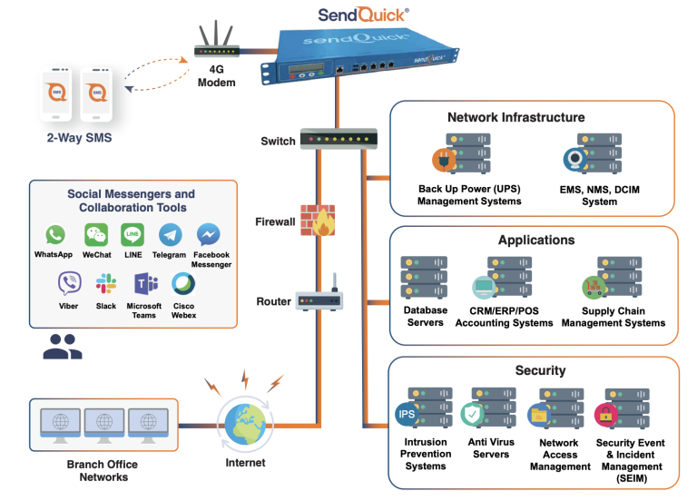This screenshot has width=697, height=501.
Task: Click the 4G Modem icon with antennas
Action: [216, 50]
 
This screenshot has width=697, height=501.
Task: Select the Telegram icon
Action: [170, 235]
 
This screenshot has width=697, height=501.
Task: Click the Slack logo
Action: [106, 283]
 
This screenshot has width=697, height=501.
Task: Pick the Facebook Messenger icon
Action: [211, 235]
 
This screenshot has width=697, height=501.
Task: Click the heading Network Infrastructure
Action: [515, 117]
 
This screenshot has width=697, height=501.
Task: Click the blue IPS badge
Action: [407, 415]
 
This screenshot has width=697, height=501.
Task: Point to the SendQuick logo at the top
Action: [363, 15]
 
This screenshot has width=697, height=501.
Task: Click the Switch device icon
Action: [338, 141]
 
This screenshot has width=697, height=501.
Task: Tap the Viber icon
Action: [68, 283]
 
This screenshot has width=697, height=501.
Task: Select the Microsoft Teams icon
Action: [145, 283]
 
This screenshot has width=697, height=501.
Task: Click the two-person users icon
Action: [62, 347]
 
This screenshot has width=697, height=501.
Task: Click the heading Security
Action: [540, 370]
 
